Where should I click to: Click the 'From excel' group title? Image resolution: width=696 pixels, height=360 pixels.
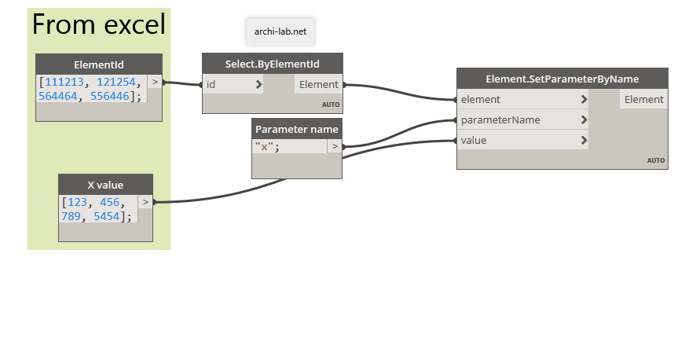98,25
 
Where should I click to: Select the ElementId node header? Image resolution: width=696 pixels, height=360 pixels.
99,64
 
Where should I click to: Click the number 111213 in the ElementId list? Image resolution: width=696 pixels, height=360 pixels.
64,82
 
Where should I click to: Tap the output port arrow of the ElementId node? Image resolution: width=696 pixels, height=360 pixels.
155,81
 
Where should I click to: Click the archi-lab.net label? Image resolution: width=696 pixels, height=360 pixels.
280,32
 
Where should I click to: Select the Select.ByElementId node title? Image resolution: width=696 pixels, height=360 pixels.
272,63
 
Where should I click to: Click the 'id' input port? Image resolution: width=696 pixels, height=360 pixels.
233,84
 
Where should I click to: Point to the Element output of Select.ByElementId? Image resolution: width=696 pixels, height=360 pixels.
318,84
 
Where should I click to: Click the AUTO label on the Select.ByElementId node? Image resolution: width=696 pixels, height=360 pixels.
329,105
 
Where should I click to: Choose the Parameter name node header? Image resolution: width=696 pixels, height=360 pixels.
296,129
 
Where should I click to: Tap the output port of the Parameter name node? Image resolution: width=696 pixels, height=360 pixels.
335,146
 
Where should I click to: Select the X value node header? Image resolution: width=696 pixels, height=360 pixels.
105,185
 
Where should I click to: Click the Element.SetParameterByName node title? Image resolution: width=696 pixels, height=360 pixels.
562,79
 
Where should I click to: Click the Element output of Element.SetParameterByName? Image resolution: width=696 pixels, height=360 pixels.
643,99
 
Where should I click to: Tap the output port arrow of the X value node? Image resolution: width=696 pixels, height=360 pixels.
145,202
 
